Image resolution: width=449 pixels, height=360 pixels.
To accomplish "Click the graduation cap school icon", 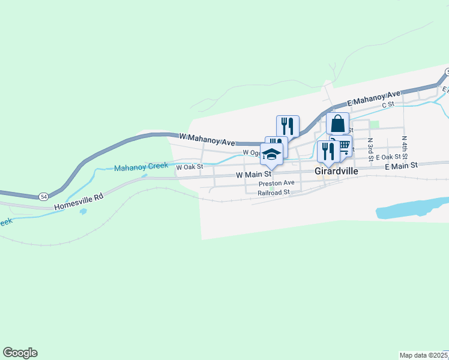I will pyautogui.click(x=271, y=154).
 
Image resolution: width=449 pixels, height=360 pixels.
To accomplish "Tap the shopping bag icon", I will pyautogui.click(x=338, y=124).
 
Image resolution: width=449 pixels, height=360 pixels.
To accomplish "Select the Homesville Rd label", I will pyautogui.click(x=79, y=201).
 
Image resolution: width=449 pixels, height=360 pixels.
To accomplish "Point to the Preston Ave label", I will pyautogui.click(x=277, y=183).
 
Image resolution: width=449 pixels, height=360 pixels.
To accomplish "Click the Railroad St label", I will pyautogui.click(x=274, y=193).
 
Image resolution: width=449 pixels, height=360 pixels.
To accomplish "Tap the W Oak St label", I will pyautogui.click(x=190, y=167).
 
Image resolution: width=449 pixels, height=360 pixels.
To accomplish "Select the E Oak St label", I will pyautogui.click(x=388, y=157).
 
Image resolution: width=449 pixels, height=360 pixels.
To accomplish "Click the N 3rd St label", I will pyautogui.click(x=370, y=146).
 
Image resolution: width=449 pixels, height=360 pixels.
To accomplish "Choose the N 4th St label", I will pyautogui.click(x=405, y=145).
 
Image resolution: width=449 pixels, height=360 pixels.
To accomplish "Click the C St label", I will pyautogui.click(x=388, y=104).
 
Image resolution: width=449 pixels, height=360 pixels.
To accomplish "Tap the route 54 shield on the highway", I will pyautogui.click(x=43, y=196).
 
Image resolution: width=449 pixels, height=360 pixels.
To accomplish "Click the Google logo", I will pyautogui.click(x=20, y=353).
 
